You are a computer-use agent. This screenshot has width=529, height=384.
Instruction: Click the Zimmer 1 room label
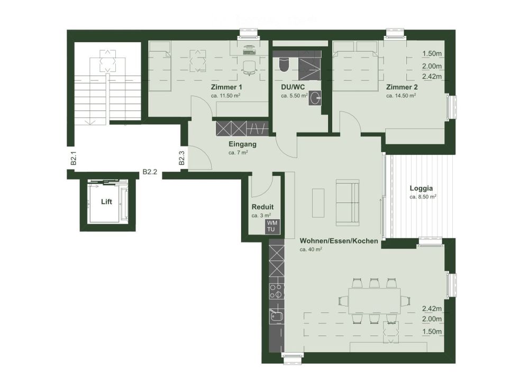(226, 87)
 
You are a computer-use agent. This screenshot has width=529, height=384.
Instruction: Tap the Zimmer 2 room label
(402, 87)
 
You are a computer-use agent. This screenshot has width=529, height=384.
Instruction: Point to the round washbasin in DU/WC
(316, 97)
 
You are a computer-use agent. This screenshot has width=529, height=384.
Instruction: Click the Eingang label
(242, 144)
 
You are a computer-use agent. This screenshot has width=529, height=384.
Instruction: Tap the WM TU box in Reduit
(271, 226)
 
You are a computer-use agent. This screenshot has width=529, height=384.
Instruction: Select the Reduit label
(262, 207)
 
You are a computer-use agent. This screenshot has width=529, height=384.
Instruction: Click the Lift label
(106, 202)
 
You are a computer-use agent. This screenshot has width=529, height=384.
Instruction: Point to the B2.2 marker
(150, 172)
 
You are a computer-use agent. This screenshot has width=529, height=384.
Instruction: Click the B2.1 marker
(74, 158)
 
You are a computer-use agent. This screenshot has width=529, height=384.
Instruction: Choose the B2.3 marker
(181, 158)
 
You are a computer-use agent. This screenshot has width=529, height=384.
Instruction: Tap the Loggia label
(422, 188)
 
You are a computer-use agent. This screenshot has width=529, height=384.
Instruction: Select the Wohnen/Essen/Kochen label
(339, 241)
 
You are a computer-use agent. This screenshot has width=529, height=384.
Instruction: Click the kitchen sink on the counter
(275, 317)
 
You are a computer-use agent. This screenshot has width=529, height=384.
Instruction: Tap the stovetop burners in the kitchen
(276, 290)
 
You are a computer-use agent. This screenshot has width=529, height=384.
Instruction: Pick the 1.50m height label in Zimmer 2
(432, 53)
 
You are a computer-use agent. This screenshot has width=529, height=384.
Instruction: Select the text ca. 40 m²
(311, 249)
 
